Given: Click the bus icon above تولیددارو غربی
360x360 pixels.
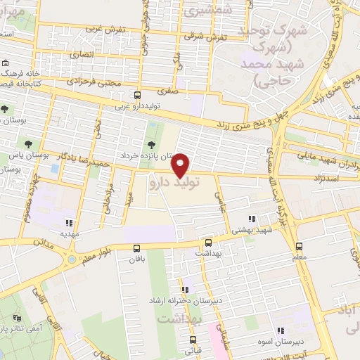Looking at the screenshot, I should tap(137, 95).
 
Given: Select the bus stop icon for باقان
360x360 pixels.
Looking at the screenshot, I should tap(136, 247).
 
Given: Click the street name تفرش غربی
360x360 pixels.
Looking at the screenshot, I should tap(104, 30).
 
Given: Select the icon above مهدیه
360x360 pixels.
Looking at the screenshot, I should tap(68, 223).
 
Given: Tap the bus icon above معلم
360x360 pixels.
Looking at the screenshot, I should tap(300, 247).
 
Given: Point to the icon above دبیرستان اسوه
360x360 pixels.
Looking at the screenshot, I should tap(281, 330).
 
